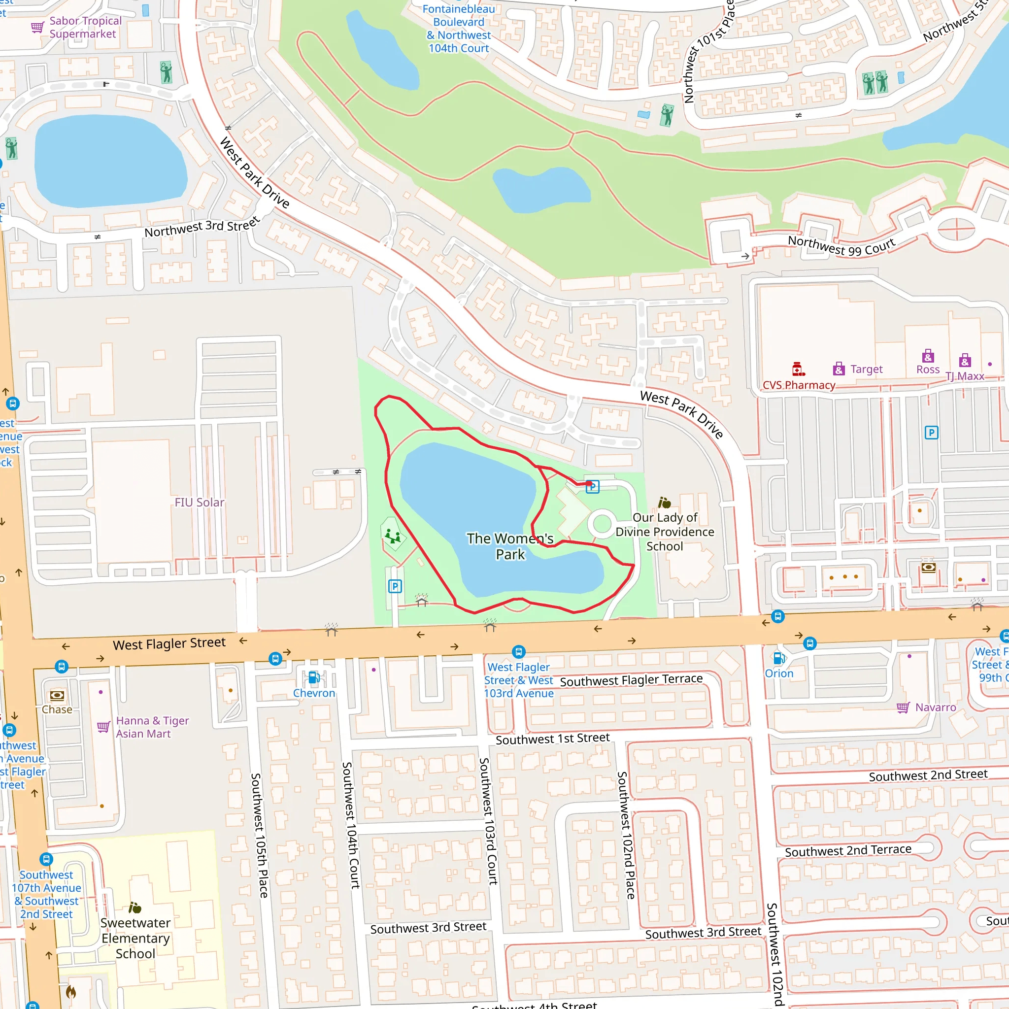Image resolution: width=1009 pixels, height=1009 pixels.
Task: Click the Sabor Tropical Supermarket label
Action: (85, 27)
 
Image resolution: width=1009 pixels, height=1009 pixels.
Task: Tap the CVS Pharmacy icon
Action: (798, 369)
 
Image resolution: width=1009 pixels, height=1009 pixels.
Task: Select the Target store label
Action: (866, 369)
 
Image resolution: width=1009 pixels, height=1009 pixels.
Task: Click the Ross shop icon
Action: (928, 357)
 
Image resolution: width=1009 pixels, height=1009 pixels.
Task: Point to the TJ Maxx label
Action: (965, 376)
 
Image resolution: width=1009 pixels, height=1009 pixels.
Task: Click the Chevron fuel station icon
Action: (314, 678)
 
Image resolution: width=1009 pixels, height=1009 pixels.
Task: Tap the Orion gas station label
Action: (779, 673)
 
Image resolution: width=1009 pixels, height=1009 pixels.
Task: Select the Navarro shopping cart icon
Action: (903, 707)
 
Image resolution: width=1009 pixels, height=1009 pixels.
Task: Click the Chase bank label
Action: (57, 709)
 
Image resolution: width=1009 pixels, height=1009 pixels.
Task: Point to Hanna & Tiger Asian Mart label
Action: (152, 727)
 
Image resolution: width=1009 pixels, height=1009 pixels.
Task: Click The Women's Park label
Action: (510, 546)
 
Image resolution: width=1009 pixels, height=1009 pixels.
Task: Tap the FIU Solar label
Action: (199, 503)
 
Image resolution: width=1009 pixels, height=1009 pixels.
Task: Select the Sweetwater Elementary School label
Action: (135, 938)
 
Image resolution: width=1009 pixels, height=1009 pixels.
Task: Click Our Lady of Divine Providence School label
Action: (664, 532)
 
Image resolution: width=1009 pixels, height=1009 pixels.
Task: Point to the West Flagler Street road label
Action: (169, 643)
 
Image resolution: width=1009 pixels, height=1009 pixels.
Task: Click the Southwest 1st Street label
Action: (553, 739)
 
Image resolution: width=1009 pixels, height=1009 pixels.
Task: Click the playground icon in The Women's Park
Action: (393, 536)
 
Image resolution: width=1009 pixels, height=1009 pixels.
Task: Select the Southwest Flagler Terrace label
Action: (631, 680)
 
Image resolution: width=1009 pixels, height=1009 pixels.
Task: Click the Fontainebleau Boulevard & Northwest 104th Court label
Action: (459, 29)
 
